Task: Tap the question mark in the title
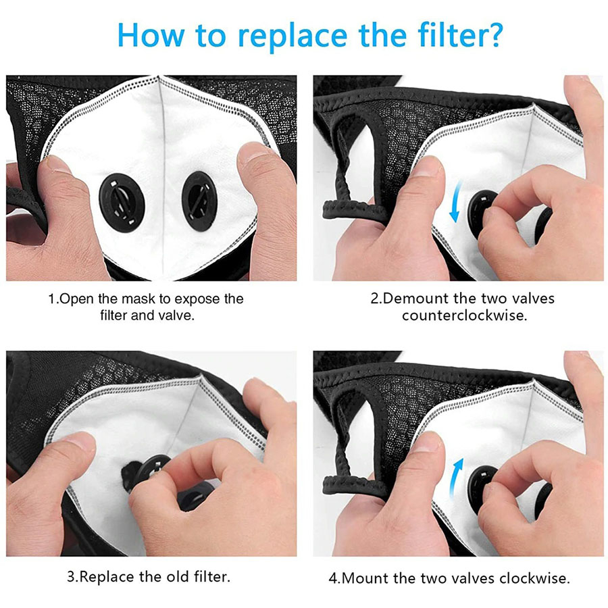[x=491, y=34]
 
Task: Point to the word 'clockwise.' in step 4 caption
[x=534, y=578]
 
